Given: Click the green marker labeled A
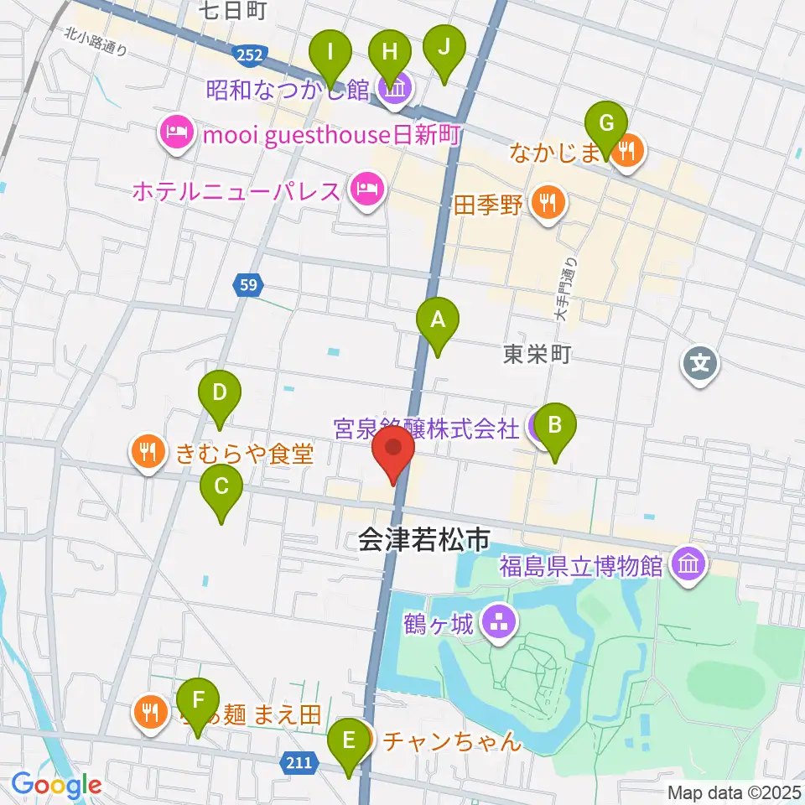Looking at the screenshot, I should point(437,320).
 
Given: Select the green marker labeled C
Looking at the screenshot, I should point(221,486).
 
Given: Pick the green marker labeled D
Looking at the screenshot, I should point(220,392).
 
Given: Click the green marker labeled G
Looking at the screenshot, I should point(606,122).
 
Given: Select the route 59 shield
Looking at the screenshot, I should point(246,286).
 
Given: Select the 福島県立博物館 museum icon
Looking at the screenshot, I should point(689,562).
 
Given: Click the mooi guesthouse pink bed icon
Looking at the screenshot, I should point(175,132).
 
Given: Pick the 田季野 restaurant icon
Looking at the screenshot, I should point(548,201).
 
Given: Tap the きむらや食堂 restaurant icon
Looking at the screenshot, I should point(148,453).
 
